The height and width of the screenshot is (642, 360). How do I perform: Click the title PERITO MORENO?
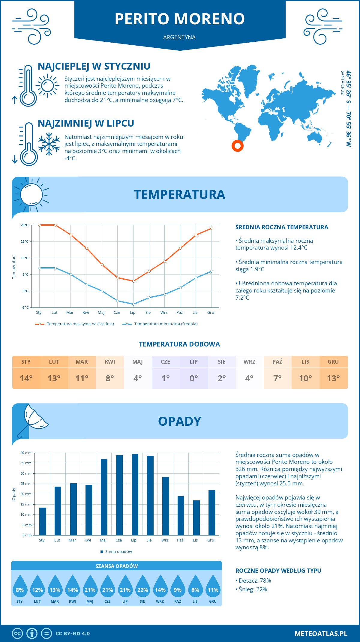(180, 19)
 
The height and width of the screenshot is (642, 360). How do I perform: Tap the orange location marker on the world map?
(237, 146)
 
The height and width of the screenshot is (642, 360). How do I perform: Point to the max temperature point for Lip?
(133, 281)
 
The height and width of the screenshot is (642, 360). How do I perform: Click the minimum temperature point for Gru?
(211, 271)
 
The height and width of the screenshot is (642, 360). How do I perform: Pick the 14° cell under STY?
(26, 378)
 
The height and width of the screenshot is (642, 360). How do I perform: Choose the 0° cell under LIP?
(193, 378)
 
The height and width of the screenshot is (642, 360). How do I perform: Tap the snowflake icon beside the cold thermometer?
(49, 144)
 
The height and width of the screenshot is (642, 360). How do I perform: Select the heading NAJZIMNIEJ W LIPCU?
(86, 123)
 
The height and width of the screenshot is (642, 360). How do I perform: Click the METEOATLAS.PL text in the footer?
(321, 634)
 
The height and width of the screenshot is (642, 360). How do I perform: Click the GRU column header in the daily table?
(333, 361)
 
